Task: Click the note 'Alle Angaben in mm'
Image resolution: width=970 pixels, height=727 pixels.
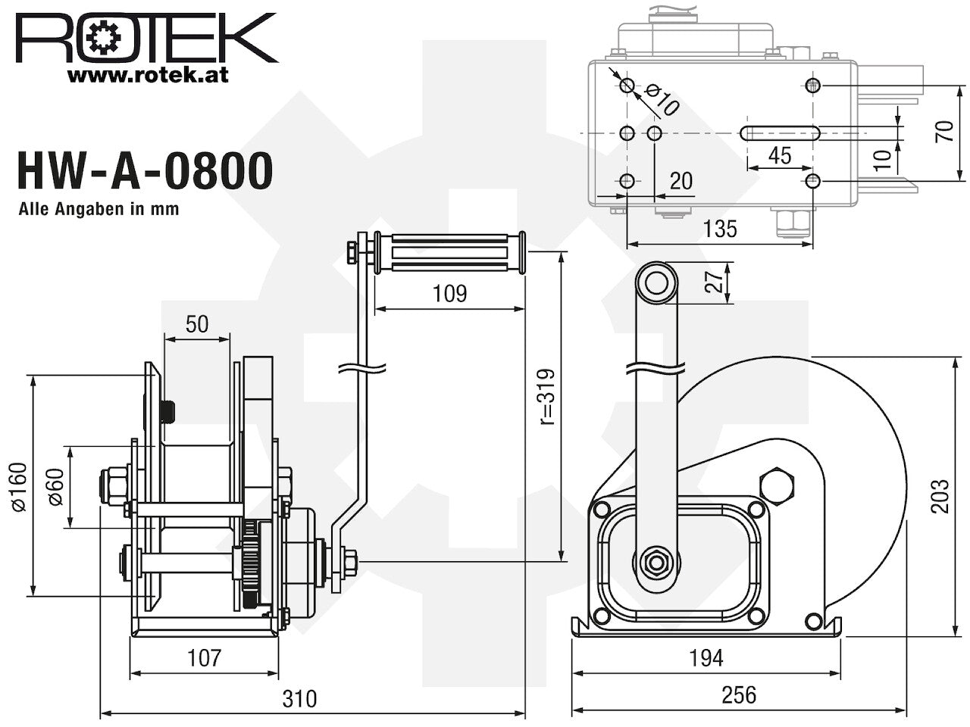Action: pos(99,210)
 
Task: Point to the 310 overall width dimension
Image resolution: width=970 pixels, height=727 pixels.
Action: pos(299,697)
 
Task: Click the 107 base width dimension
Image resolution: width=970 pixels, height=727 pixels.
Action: pos(205,657)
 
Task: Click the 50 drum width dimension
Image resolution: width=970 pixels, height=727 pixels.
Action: pos(196,324)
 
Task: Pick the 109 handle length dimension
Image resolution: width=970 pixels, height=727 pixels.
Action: pos(450,293)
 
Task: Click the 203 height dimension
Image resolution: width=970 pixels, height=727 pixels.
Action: pos(940,496)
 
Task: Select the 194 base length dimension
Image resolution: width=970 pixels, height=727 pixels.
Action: pos(706,657)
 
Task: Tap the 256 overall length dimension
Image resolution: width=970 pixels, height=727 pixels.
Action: pos(739,694)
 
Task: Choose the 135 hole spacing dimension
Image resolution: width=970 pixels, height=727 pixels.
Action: pos(719,229)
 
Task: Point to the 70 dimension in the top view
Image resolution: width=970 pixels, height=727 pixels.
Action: pos(943,133)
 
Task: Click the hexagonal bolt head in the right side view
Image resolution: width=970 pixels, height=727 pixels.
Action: pos(777,484)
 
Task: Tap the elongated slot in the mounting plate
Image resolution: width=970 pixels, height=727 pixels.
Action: pos(779,133)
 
